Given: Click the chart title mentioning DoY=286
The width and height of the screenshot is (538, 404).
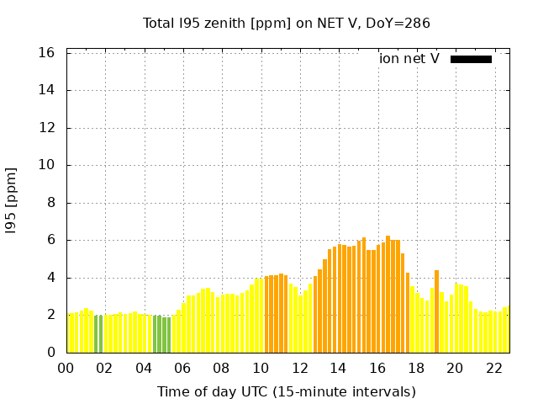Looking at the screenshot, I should pos(287,24).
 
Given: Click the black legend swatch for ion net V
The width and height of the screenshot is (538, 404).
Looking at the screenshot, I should pos(471,59).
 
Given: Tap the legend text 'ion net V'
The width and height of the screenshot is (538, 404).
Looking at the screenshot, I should pos(409,59).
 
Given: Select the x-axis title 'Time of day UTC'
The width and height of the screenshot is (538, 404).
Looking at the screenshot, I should pos(287,391).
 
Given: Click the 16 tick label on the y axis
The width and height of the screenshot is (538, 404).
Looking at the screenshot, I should pos(47,53).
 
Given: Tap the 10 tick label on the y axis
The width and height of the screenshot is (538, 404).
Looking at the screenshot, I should pos(47,165).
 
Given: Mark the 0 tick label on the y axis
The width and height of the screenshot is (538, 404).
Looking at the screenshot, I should pos(51,353).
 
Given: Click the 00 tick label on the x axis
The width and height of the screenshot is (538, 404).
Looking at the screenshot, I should pos(66,369).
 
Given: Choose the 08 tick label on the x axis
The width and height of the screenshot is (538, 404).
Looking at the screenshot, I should pos(221,369).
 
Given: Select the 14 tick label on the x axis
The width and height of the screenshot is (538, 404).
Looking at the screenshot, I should pos(338,369).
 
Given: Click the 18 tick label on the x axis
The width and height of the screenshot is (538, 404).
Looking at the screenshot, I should pos(415,369).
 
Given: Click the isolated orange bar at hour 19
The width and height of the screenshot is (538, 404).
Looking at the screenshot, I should pos(436,311).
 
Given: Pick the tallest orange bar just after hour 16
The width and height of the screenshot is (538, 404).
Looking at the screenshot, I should pos(388,295).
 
